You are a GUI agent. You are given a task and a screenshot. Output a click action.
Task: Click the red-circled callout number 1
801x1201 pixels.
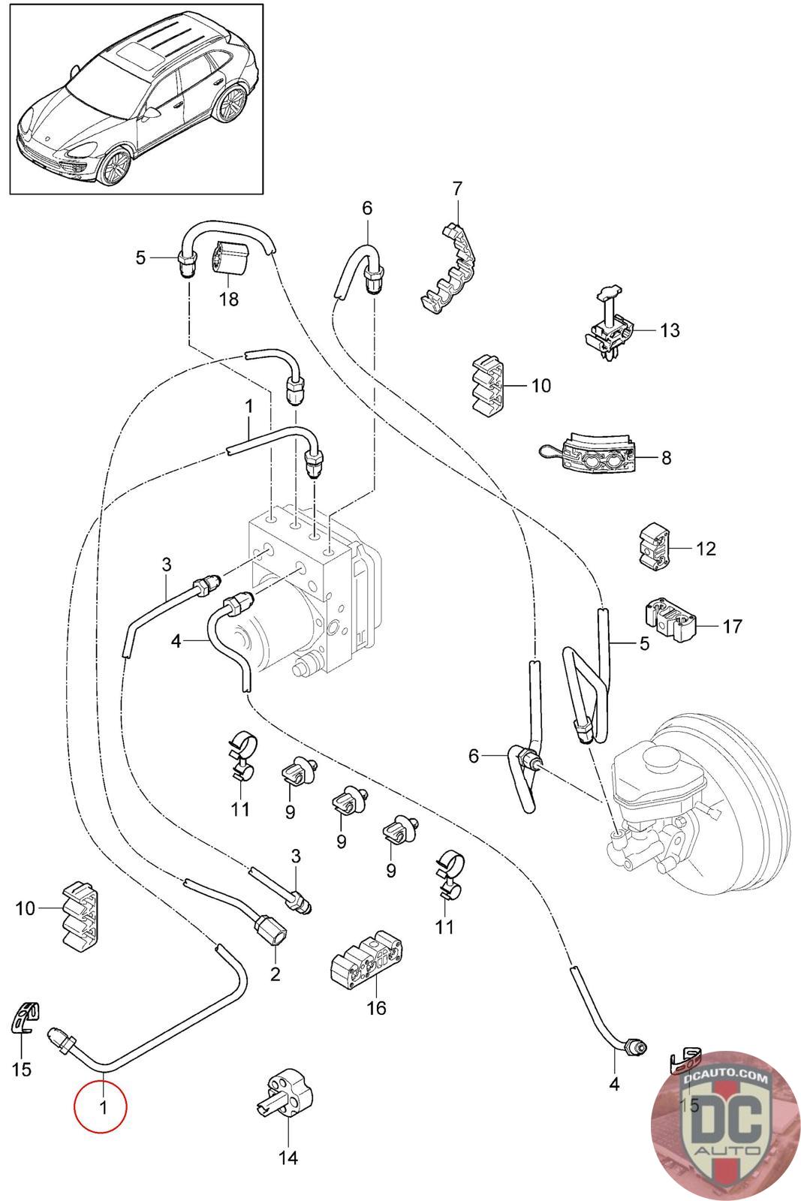point(101,1106)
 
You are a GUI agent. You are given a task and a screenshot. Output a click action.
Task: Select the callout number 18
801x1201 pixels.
point(228,299)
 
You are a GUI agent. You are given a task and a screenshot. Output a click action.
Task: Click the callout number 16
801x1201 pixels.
point(376,1007)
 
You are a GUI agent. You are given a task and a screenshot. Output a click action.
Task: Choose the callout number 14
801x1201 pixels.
point(288,1157)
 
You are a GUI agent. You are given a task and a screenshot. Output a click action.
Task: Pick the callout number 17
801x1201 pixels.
point(732,625)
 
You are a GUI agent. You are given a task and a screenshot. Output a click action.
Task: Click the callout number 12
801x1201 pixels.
point(706,549)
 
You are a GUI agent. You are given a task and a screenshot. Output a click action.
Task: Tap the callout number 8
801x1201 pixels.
point(666,457)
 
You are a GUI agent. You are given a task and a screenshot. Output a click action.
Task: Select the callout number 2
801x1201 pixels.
point(275,974)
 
